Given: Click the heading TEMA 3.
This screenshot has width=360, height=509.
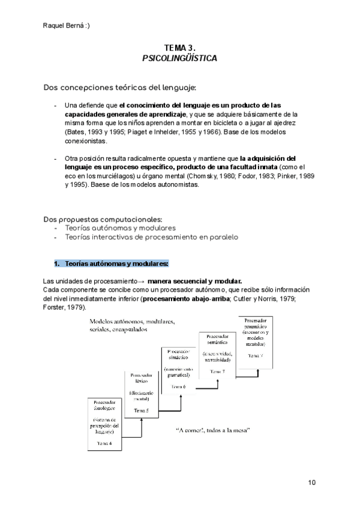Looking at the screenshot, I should [x=179, y=47].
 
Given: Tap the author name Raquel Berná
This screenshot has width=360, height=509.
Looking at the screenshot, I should [x=67, y=25].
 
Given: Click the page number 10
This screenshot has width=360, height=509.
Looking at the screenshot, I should [x=311, y=482].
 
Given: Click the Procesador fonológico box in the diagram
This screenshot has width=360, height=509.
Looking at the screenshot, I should [x=106, y=423].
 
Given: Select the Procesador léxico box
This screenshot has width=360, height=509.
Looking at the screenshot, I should [x=142, y=393].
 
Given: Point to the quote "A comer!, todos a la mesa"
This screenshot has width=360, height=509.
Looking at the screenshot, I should [x=213, y=431].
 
